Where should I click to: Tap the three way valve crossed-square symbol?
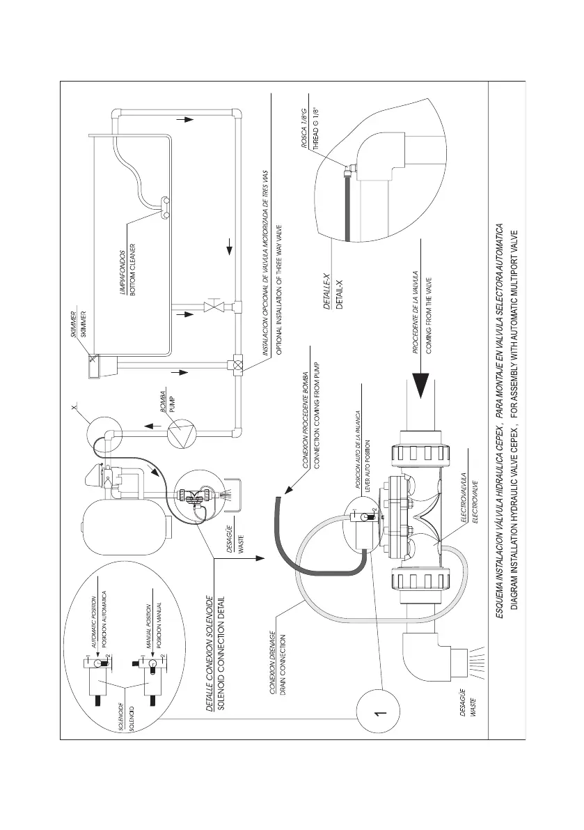(236, 364)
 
